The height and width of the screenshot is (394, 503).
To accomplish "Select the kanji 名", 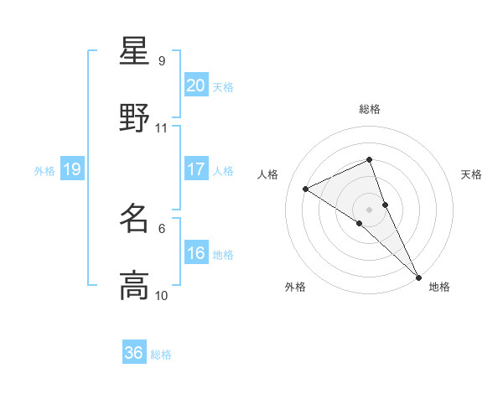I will [x=134, y=220].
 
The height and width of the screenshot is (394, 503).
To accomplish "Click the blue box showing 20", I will [x=196, y=86].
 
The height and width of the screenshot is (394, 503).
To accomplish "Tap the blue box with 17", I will [x=196, y=169].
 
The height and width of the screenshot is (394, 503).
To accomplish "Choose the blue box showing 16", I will [x=196, y=254].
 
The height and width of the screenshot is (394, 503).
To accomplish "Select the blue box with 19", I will [x=72, y=170].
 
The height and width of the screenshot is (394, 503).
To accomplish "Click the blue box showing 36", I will [x=134, y=353].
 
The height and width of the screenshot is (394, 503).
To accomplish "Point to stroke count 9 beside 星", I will [x=162, y=60].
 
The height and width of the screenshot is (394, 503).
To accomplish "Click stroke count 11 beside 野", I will [x=162, y=128].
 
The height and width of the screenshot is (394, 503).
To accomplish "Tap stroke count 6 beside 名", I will [x=162, y=228].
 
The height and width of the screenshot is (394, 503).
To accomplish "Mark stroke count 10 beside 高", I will [x=162, y=296].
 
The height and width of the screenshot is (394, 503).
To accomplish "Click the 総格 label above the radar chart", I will [x=370, y=109].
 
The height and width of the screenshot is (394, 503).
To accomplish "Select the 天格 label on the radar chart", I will [x=472, y=174].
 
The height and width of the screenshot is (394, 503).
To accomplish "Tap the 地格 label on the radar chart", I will [x=439, y=287].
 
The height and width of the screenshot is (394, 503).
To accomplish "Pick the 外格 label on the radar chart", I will [x=295, y=287].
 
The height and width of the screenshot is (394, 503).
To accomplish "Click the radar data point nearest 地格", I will [x=418, y=276].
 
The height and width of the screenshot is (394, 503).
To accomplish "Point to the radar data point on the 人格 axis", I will [x=306, y=189].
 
